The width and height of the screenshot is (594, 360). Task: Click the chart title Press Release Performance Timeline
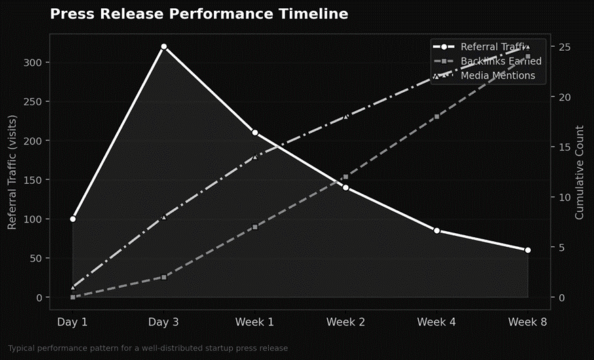[199, 14]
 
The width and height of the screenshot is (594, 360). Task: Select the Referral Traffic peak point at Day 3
[164, 47]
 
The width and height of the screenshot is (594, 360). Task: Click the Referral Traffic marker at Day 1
[73, 219]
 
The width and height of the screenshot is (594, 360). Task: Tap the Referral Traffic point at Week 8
[527, 250]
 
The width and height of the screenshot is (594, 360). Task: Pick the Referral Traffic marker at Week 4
[437, 231]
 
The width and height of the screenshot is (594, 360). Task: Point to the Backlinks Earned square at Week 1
[255, 227]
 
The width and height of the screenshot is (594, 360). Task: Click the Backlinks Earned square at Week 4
[437, 117]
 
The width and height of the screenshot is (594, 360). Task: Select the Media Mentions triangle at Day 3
[164, 217]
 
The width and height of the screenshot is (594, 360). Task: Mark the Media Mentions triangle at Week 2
[346, 117]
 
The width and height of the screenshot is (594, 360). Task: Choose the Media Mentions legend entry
[498, 76]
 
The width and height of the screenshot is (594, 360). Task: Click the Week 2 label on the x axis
[346, 322]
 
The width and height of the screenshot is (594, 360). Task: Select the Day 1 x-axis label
[73, 322]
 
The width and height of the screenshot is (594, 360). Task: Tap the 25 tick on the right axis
[565, 47]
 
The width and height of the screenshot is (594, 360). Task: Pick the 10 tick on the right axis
[565, 197]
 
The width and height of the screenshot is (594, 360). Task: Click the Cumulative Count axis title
[579, 172]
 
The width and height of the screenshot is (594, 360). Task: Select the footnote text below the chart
[148, 348]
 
